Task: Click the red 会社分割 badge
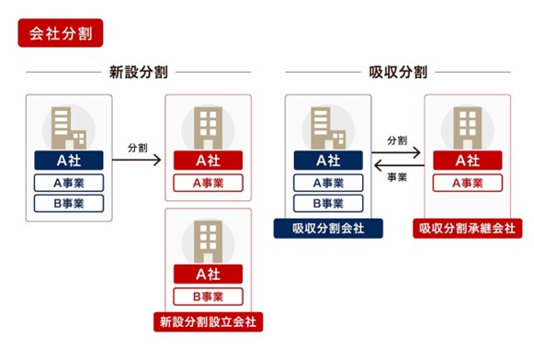tap(60, 35)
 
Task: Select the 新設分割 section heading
tap(138, 72)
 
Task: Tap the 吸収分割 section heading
tap(397, 72)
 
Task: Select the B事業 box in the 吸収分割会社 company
tap(328, 203)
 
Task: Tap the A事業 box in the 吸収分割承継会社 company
tap(467, 182)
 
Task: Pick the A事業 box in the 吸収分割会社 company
tap(328, 182)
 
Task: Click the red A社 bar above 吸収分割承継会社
tap(467, 160)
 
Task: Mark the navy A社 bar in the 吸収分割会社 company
tap(328, 160)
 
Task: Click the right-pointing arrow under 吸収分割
tap(398, 153)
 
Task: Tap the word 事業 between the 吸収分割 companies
tap(397, 178)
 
